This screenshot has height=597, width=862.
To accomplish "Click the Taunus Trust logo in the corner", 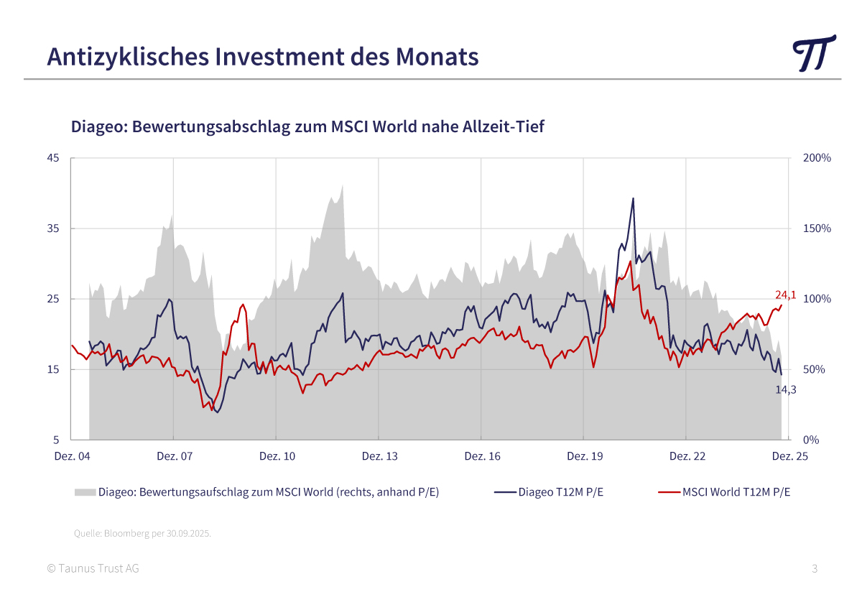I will (x=815, y=52).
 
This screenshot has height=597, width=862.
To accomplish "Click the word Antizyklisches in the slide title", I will (x=114, y=56).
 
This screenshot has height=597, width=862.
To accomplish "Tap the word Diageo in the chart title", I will (x=97, y=127).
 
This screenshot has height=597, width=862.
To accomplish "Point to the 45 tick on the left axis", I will (x=54, y=158).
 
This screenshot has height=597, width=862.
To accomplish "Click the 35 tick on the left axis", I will (x=54, y=228).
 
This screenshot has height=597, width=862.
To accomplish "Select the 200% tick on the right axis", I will (x=817, y=158).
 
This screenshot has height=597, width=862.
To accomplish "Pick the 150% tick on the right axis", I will (x=817, y=228).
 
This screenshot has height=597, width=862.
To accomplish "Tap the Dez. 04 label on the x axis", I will (x=72, y=456).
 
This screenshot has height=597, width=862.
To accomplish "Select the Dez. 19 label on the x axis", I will (x=585, y=456).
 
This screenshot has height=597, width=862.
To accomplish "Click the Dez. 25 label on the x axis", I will (x=789, y=456).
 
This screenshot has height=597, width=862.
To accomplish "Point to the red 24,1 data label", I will (x=786, y=295).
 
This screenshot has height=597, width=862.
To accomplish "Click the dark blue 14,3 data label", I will (x=786, y=389).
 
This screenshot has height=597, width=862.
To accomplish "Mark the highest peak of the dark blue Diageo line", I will (x=633, y=198).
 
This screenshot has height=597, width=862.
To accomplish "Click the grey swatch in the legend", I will (x=85, y=492).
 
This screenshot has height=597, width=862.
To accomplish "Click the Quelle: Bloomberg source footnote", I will (x=142, y=534).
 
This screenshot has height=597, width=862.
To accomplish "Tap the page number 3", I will (x=815, y=569).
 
